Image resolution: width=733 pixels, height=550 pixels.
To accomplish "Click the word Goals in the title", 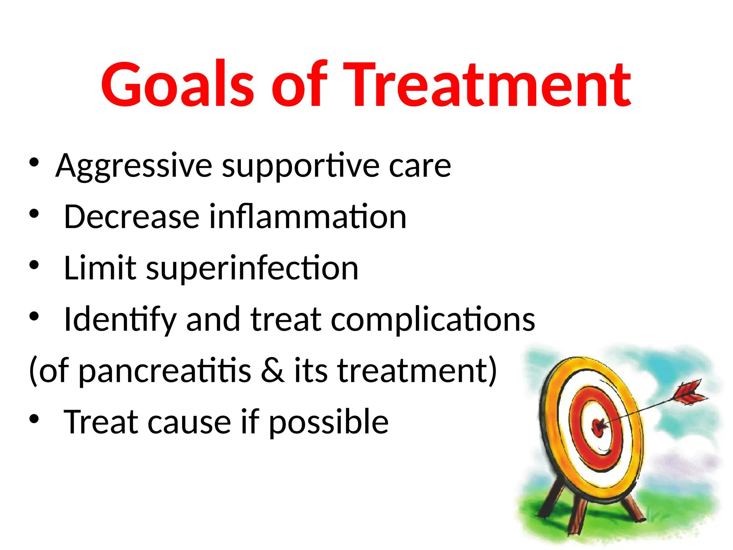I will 177,85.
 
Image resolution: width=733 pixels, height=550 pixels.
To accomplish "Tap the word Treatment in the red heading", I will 488,85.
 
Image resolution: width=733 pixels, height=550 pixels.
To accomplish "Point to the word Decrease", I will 131,217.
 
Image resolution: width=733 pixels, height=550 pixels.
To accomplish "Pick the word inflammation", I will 308,217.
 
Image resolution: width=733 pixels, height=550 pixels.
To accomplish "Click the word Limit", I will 100,268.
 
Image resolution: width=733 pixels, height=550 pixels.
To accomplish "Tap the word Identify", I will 120,320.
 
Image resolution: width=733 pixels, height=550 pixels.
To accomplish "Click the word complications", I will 433,320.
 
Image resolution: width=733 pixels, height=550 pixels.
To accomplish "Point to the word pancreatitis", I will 165,371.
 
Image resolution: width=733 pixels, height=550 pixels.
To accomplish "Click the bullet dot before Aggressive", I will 34,163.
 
